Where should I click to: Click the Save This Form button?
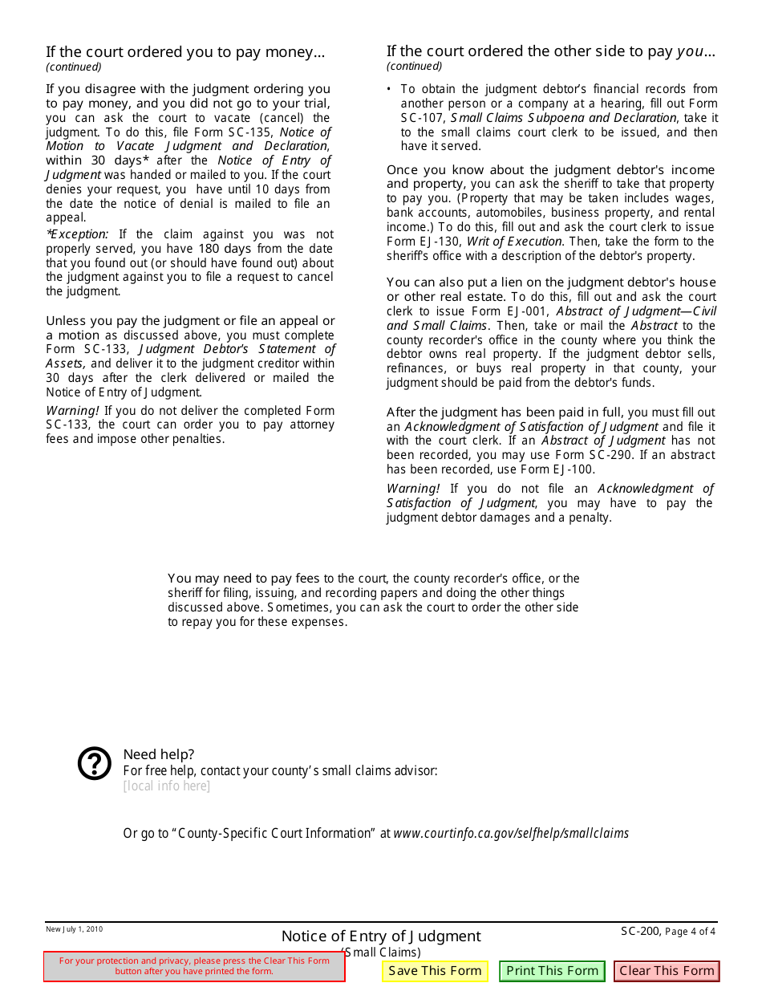pos(435,971)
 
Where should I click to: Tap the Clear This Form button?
pos(667,971)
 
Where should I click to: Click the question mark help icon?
pos(95,763)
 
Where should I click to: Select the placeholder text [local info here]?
pos(167,786)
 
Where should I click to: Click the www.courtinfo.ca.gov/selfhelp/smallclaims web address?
pos(511,833)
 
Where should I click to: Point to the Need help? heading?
pos(159,754)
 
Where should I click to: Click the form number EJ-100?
pos(570,469)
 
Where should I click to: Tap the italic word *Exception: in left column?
pos(78,234)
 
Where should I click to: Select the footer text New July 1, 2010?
pos(74,929)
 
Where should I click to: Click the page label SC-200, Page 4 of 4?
pos(667,932)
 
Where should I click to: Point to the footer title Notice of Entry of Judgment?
pos(381,936)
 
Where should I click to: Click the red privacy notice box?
pos(194,966)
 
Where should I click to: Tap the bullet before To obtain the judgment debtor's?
pos(389,90)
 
